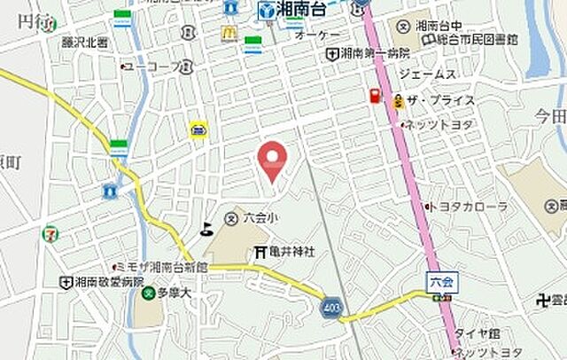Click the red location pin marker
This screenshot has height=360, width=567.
[x=272, y=160]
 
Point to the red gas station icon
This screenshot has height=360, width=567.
[x=376, y=95]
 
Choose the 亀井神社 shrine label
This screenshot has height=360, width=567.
[x=284, y=253]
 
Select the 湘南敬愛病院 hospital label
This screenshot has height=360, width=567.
[x=103, y=281]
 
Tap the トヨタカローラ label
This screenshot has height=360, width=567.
[x=468, y=206]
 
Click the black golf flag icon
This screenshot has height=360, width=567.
[x=207, y=229]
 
